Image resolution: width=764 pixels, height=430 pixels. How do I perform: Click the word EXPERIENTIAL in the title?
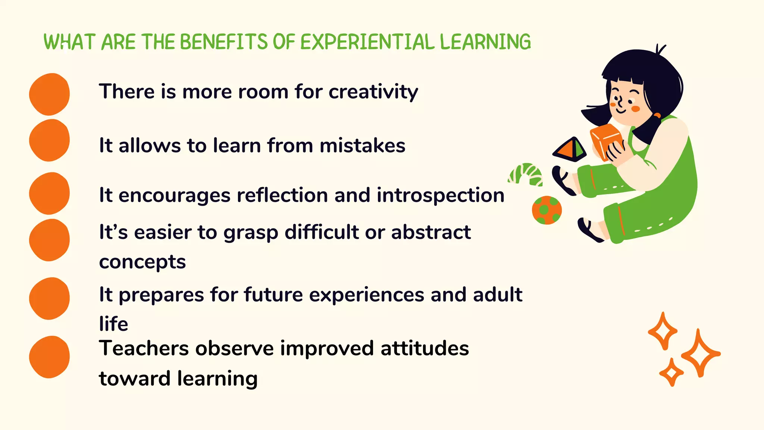pos(367,42)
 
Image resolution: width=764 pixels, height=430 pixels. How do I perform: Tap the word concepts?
pos(142,262)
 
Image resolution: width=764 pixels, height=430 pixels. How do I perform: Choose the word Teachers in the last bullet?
pos(144,349)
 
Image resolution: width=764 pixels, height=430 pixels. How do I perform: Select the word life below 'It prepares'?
pos(113,324)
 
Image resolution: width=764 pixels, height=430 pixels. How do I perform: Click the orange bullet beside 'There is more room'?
pos(49,94)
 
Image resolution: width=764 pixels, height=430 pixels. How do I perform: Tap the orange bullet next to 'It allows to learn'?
pos(49,140)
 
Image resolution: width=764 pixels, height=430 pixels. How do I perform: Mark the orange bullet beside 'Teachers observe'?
pos(49,357)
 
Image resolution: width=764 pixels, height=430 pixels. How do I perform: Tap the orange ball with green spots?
pos(547,210)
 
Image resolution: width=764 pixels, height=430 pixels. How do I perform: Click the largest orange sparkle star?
pos(700,353)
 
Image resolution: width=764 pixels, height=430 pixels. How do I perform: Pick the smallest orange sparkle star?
pos(671,372)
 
